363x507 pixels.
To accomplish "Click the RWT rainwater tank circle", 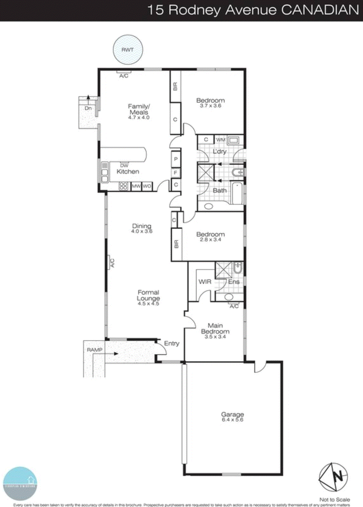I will (x=128, y=50).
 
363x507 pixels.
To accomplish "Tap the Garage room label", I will (x=232, y=414).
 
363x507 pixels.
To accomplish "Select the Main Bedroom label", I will (x=215, y=329).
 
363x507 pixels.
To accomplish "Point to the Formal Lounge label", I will (x=148, y=295).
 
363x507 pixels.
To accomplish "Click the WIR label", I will (x=205, y=282).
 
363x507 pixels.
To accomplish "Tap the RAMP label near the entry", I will (x=95, y=350).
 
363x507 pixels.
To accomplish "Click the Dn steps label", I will (x=88, y=108).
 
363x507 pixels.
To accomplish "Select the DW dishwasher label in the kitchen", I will (x=124, y=166).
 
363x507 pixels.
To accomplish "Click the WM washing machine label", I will (x=221, y=140).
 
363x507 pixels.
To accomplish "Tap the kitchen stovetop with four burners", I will (x=123, y=186).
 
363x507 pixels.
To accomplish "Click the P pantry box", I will (x=176, y=159).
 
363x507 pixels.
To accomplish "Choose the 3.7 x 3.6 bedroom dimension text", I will (x=210, y=106).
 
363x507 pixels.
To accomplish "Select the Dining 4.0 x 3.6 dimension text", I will (x=142, y=231).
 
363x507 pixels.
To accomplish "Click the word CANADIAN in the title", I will (x=320, y=10).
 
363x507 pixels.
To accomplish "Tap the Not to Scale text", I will (x=334, y=500).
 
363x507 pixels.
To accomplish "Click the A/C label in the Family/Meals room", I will (x=124, y=76).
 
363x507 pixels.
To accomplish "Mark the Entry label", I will (x=172, y=343).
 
